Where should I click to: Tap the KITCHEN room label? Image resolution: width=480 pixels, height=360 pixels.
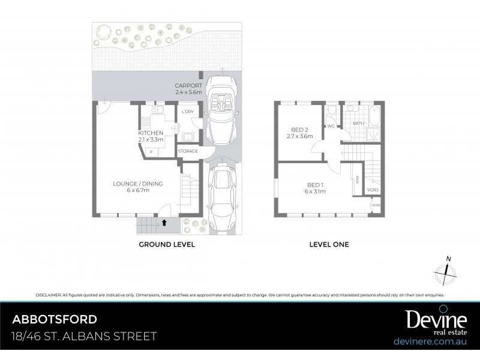151,133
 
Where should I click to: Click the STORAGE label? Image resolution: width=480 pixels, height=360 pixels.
188,151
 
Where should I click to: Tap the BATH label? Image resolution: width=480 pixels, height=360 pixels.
359,124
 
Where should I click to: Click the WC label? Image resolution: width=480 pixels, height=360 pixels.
330,127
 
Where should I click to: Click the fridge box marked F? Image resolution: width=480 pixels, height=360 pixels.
151,152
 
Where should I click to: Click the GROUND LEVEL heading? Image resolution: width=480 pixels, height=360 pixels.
167,245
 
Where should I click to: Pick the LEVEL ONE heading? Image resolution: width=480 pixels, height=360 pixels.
329,245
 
